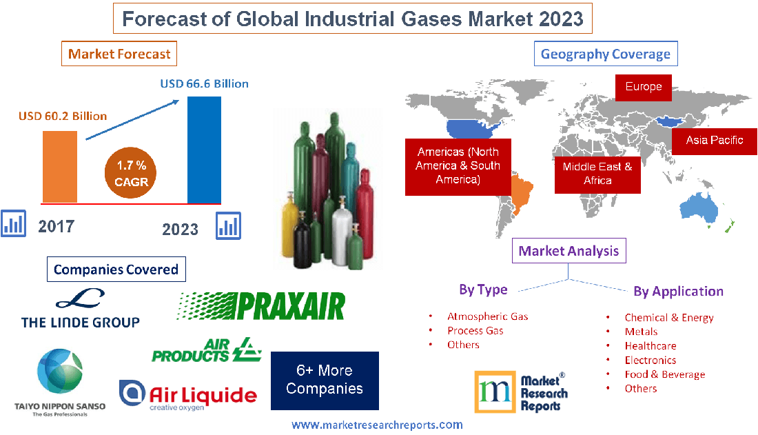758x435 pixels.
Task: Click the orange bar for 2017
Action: click(59, 166)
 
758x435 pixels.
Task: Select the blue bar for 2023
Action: click(205, 150)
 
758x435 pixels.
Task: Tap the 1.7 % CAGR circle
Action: click(131, 173)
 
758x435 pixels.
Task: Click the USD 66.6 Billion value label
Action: click(204, 83)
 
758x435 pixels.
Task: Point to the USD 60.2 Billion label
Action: click(63, 116)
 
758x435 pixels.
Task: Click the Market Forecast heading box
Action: click(119, 54)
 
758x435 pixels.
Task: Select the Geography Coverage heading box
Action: click(606, 54)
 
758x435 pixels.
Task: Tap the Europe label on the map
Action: click(643, 87)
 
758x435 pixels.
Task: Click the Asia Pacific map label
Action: click(714, 140)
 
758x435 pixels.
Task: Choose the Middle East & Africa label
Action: click(597, 173)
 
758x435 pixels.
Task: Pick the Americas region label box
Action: click(458, 165)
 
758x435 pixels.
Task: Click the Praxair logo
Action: click(261, 305)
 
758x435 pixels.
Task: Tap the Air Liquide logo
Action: click(188, 395)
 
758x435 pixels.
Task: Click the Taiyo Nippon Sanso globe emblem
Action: click(59, 373)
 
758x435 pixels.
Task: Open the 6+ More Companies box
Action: click(324, 380)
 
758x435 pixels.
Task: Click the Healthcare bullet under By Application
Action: click(650, 345)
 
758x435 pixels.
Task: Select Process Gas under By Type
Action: click(475, 330)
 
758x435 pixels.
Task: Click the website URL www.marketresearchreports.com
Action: click(377, 425)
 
